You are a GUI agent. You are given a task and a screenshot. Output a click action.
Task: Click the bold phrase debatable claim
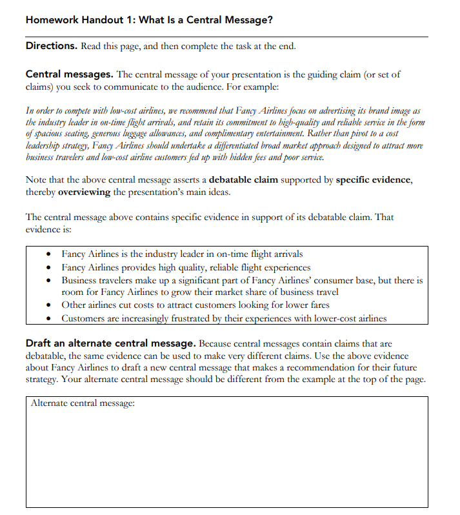(x=248, y=180)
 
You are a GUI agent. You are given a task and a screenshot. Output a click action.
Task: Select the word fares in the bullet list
(x=317, y=305)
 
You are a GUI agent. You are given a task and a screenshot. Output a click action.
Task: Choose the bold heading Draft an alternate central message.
(x=110, y=343)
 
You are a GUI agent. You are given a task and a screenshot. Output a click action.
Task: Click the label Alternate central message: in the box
(x=83, y=403)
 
